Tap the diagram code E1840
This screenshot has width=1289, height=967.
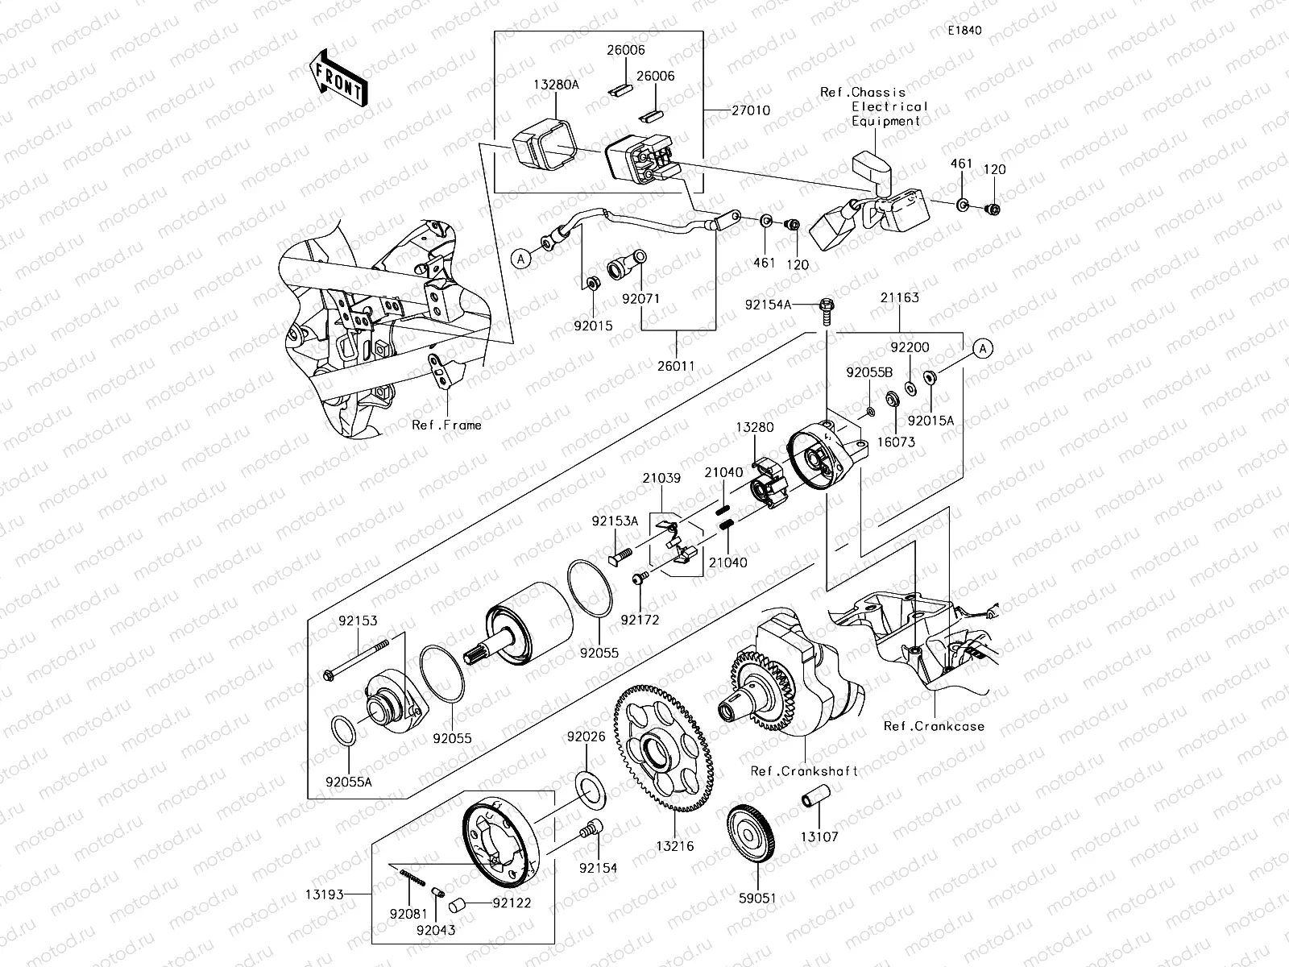tap(964, 31)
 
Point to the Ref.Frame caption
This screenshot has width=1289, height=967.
tap(446, 425)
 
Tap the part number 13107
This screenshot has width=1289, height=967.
tap(819, 837)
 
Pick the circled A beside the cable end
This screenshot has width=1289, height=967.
tap(521, 258)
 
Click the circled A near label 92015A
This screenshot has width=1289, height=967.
tap(982, 348)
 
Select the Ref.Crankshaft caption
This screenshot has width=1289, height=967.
tap(804, 771)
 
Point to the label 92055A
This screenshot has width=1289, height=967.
tap(350, 781)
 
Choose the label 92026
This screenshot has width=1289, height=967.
tap(586, 737)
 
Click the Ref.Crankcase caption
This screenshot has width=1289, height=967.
tap(934, 726)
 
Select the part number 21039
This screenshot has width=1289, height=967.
tap(661, 478)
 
